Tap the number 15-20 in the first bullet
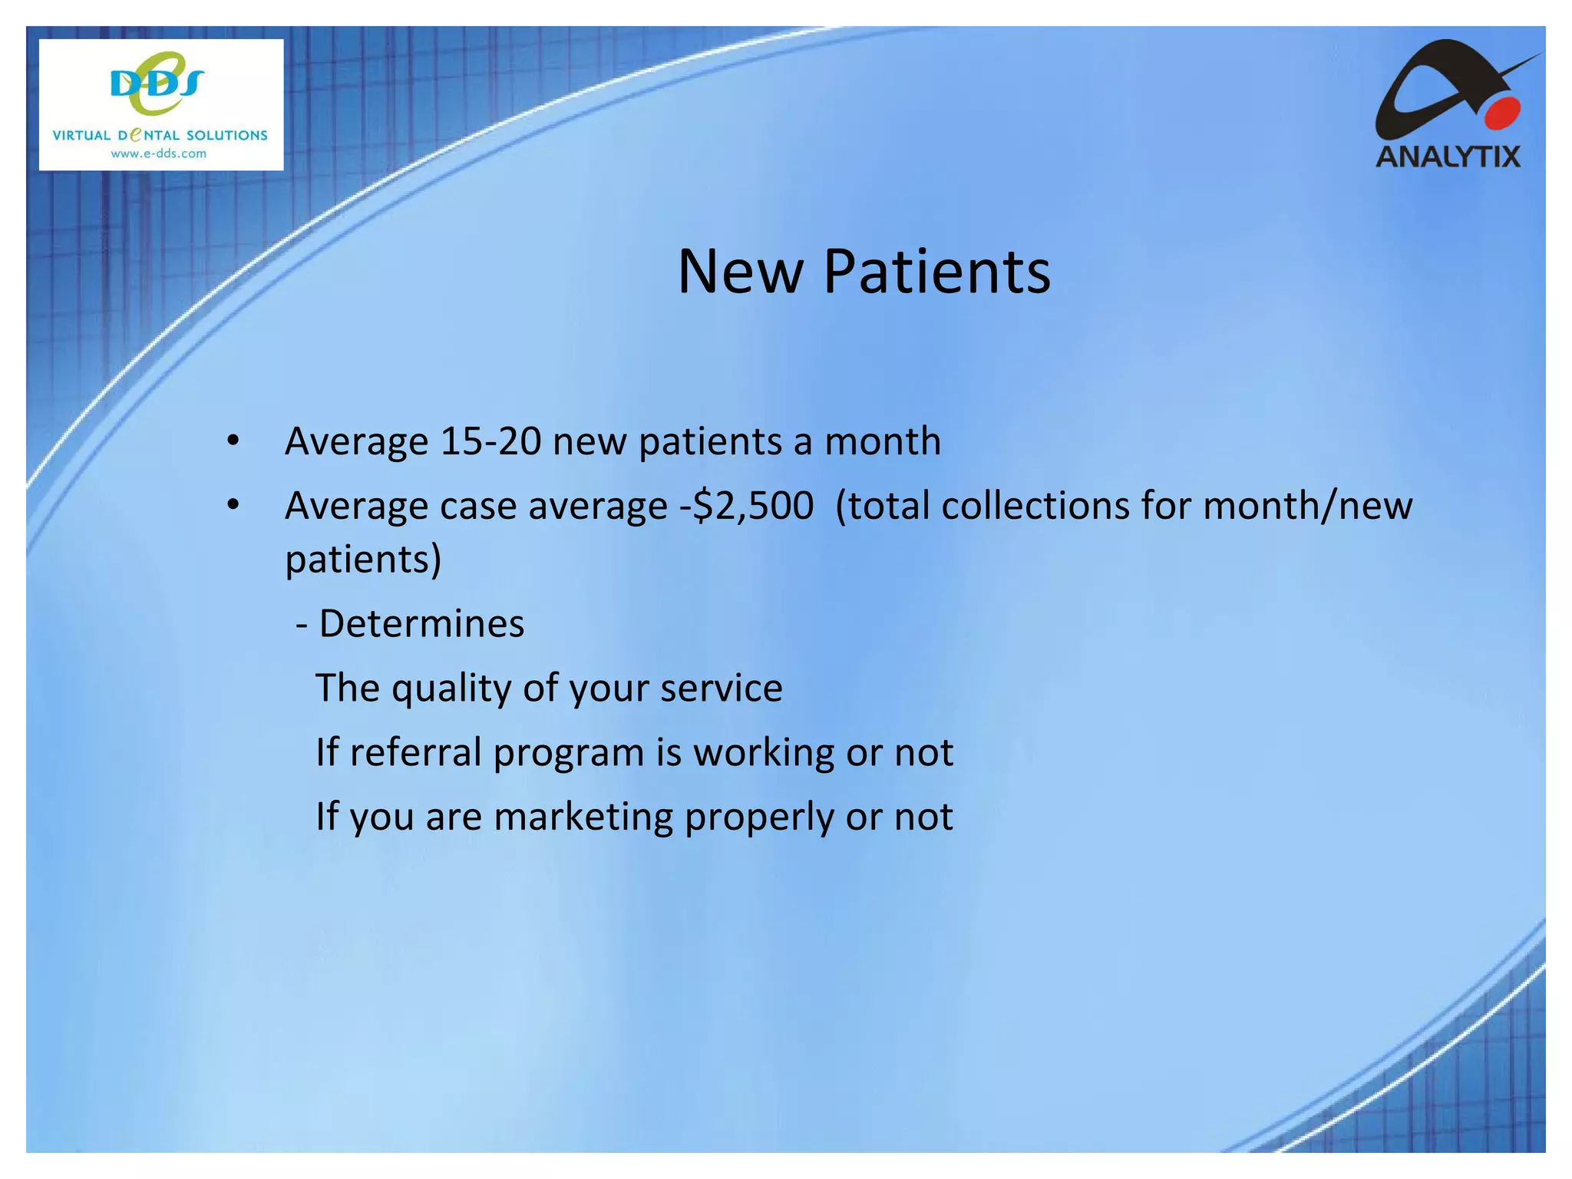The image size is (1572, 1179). [x=490, y=441]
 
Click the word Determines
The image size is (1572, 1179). [x=421, y=623]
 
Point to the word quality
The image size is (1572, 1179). [x=452, y=689]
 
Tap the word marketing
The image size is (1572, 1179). [x=583, y=817]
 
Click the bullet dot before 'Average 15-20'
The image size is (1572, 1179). [x=233, y=441]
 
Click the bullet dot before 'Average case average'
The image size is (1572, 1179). [x=233, y=506]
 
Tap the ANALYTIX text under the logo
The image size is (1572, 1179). [x=1448, y=157]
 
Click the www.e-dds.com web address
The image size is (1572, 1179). [x=159, y=154]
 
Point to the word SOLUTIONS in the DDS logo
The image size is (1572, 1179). [x=227, y=136]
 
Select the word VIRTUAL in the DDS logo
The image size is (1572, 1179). [x=81, y=136]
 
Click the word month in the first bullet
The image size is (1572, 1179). [x=882, y=441]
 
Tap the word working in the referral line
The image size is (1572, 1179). [x=763, y=752]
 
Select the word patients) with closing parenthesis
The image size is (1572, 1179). [x=363, y=559]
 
